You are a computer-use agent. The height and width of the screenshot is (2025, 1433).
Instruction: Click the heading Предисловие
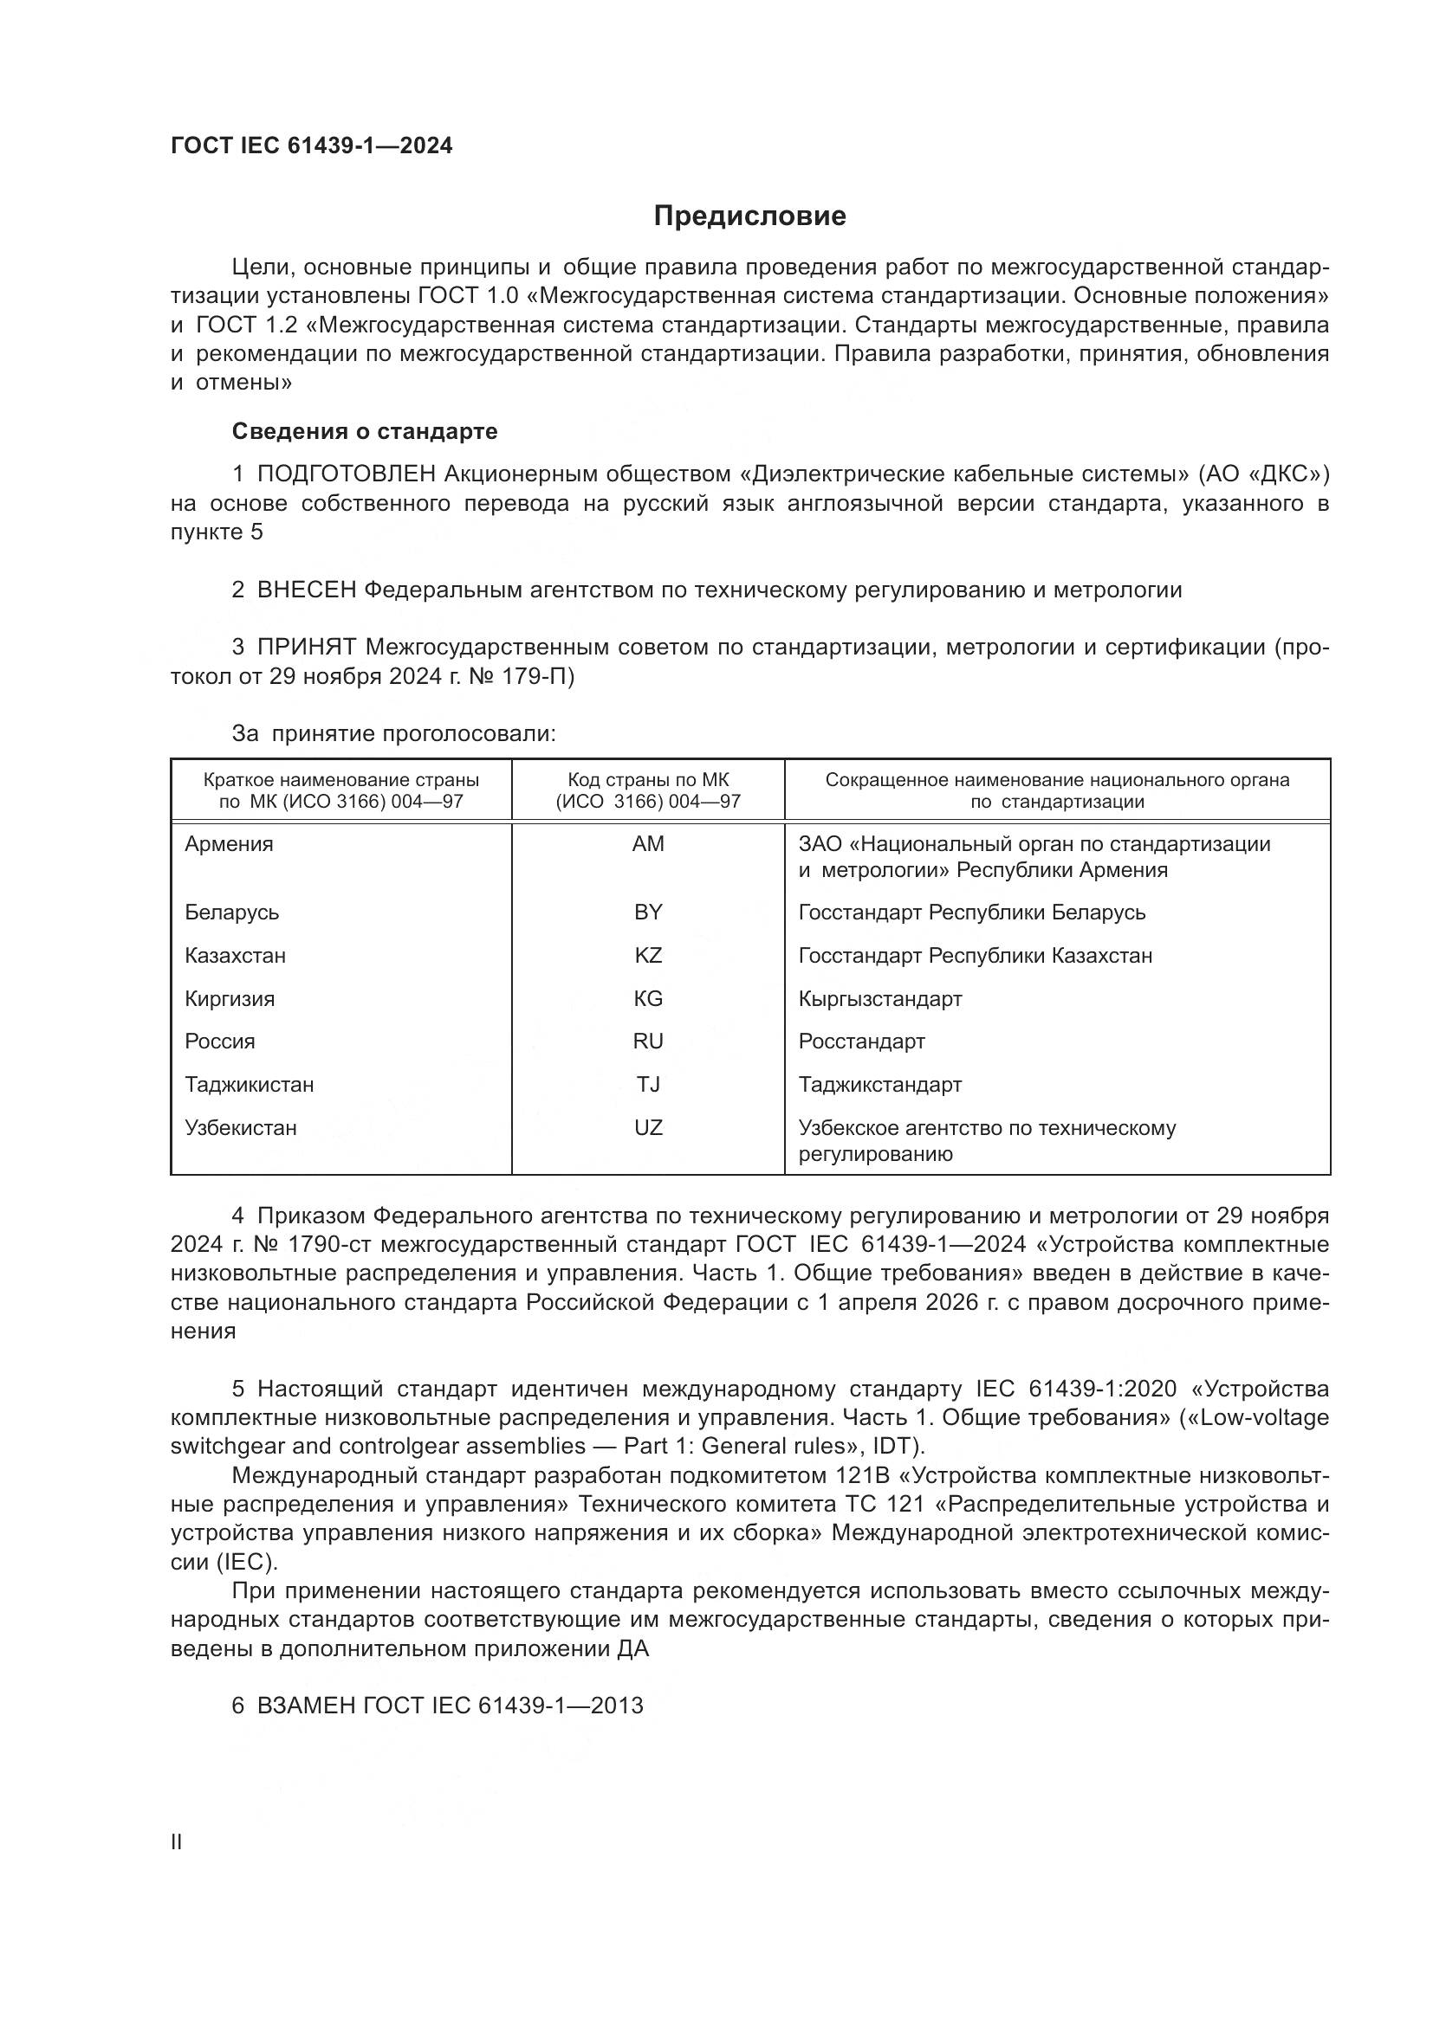[749, 216]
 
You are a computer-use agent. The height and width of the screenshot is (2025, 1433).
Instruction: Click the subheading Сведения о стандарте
[365, 431]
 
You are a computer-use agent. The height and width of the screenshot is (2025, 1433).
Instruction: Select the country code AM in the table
[648, 844]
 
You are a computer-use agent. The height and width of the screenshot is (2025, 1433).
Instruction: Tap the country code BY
[648, 912]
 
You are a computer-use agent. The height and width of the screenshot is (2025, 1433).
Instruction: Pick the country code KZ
[648, 955]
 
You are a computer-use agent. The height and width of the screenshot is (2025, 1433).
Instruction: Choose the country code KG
[648, 998]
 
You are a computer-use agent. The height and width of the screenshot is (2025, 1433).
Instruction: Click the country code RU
[648, 1041]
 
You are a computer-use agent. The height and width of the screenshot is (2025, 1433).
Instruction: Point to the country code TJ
[648, 1084]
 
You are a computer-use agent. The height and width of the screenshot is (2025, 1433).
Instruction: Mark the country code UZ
[648, 1127]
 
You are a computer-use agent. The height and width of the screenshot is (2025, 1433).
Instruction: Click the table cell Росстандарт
[861, 1041]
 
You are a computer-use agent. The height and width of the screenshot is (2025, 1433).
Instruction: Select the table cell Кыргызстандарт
[879, 998]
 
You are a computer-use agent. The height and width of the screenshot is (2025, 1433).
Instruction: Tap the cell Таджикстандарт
[879, 1084]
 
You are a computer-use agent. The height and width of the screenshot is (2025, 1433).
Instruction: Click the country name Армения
[229, 844]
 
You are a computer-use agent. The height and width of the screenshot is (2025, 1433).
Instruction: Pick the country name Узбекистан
[240, 1127]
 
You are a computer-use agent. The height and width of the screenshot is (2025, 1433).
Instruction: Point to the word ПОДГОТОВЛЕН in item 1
[346, 474]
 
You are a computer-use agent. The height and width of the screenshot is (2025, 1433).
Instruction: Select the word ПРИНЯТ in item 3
[306, 648]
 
